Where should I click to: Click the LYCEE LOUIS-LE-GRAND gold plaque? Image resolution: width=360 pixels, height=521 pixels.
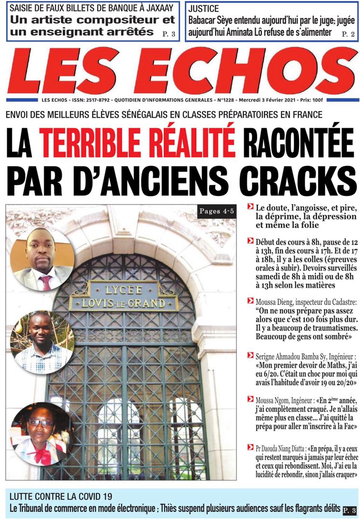[124, 295]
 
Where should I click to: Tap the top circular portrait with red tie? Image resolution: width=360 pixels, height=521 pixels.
[42, 258]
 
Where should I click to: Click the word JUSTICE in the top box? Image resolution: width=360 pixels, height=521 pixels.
[204, 9]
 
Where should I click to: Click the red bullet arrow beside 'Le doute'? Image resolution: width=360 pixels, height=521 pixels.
[250, 207]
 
